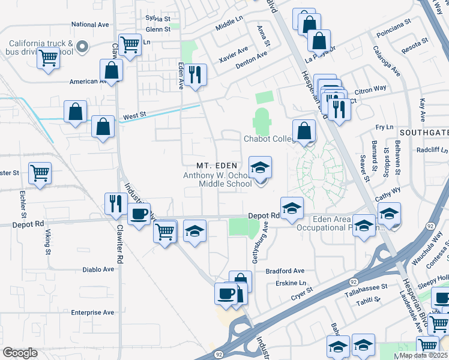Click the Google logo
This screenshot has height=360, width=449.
click(x=20, y=352)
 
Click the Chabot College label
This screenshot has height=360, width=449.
click(x=269, y=139)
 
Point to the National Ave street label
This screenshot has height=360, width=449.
click(x=90, y=25)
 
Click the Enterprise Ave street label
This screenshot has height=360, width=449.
click(x=92, y=313)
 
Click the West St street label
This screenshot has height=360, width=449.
click(x=135, y=114)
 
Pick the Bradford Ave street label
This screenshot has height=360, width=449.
click(x=285, y=271)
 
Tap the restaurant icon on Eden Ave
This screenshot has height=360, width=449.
click(x=195, y=75)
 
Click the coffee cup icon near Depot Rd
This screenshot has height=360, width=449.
click(x=139, y=214)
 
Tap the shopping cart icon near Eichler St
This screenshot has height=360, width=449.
click(x=40, y=173)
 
